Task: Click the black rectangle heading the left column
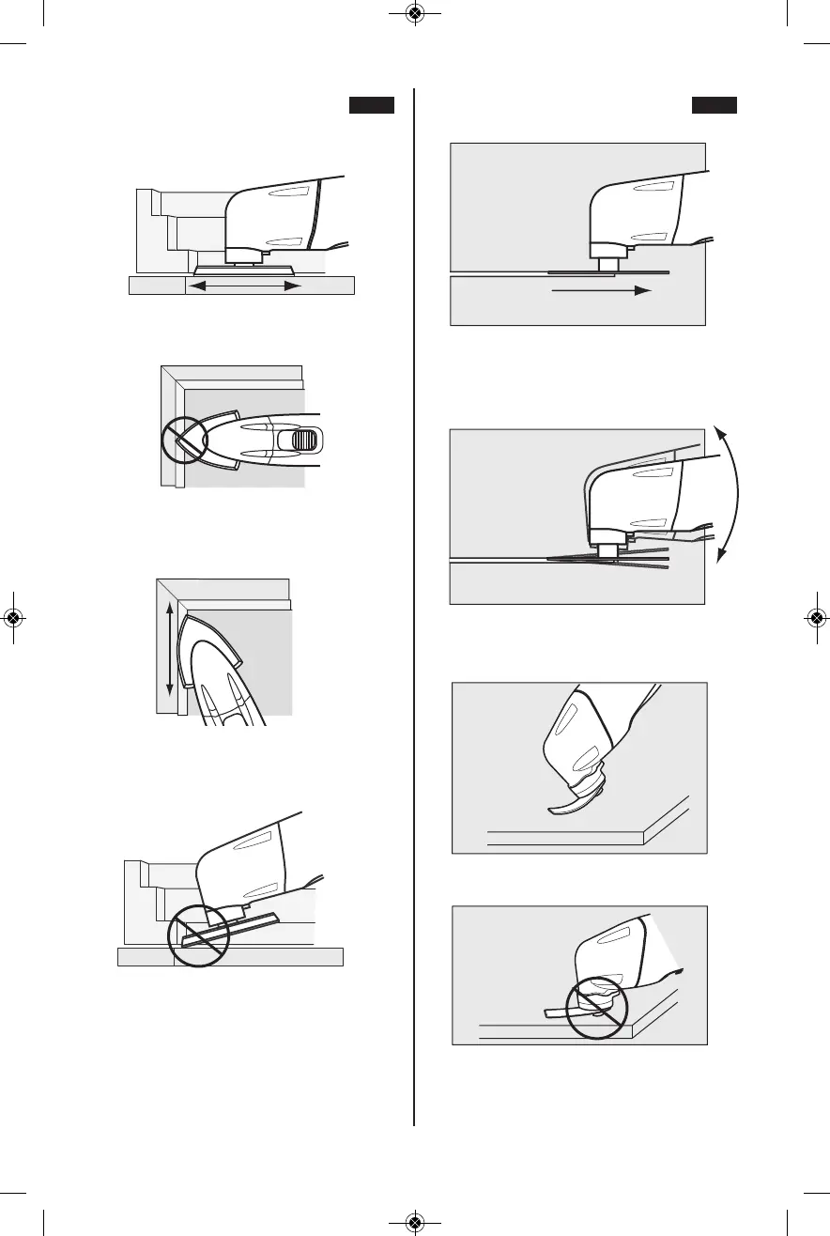(371, 104)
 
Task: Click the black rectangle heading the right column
(715, 104)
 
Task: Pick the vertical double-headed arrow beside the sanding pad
(170, 649)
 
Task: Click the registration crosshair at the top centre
(415, 14)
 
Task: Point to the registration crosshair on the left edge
(13, 618)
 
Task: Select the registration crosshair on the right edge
(817, 618)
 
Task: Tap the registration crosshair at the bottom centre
(415, 1222)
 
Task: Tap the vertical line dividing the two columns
(414, 610)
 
